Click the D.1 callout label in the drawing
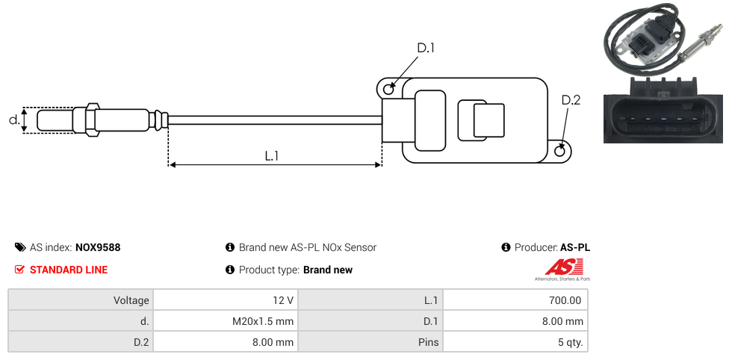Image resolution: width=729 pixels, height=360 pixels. [426, 48]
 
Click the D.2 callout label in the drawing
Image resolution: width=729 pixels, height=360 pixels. [571, 100]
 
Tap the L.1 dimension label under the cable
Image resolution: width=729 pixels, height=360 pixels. [272, 155]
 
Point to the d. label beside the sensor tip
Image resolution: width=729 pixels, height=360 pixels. [13, 120]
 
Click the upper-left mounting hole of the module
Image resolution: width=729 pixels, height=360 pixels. [388, 90]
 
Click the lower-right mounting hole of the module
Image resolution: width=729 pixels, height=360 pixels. [561, 152]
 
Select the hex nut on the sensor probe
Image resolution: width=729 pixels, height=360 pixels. [93, 120]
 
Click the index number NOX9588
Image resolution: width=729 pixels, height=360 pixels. [98, 247]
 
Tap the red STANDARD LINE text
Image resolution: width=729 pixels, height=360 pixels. [69, 270]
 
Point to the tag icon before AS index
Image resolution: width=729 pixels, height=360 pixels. [20, 247]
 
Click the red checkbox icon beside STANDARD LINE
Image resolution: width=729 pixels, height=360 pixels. [20, 270]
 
